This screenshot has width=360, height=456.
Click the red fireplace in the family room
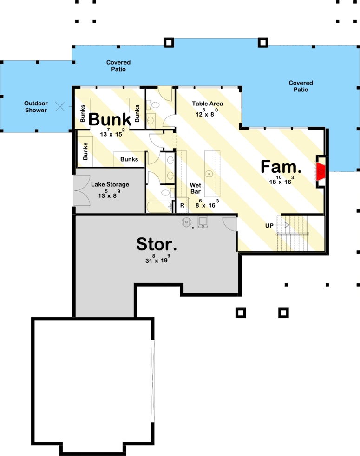tap(321, 171)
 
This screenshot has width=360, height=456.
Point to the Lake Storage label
tap(110, 184)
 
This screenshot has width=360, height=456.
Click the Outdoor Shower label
tap(36, 107)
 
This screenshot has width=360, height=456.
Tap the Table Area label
tap(208, 104)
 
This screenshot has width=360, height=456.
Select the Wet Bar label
tap(195, 188)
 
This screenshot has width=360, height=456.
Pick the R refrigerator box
tap(182, 205)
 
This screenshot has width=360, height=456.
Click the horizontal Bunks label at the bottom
tap(129, 159)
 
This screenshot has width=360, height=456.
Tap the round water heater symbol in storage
tap(186, 222)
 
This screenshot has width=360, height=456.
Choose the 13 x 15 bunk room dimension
tap(111, 133)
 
